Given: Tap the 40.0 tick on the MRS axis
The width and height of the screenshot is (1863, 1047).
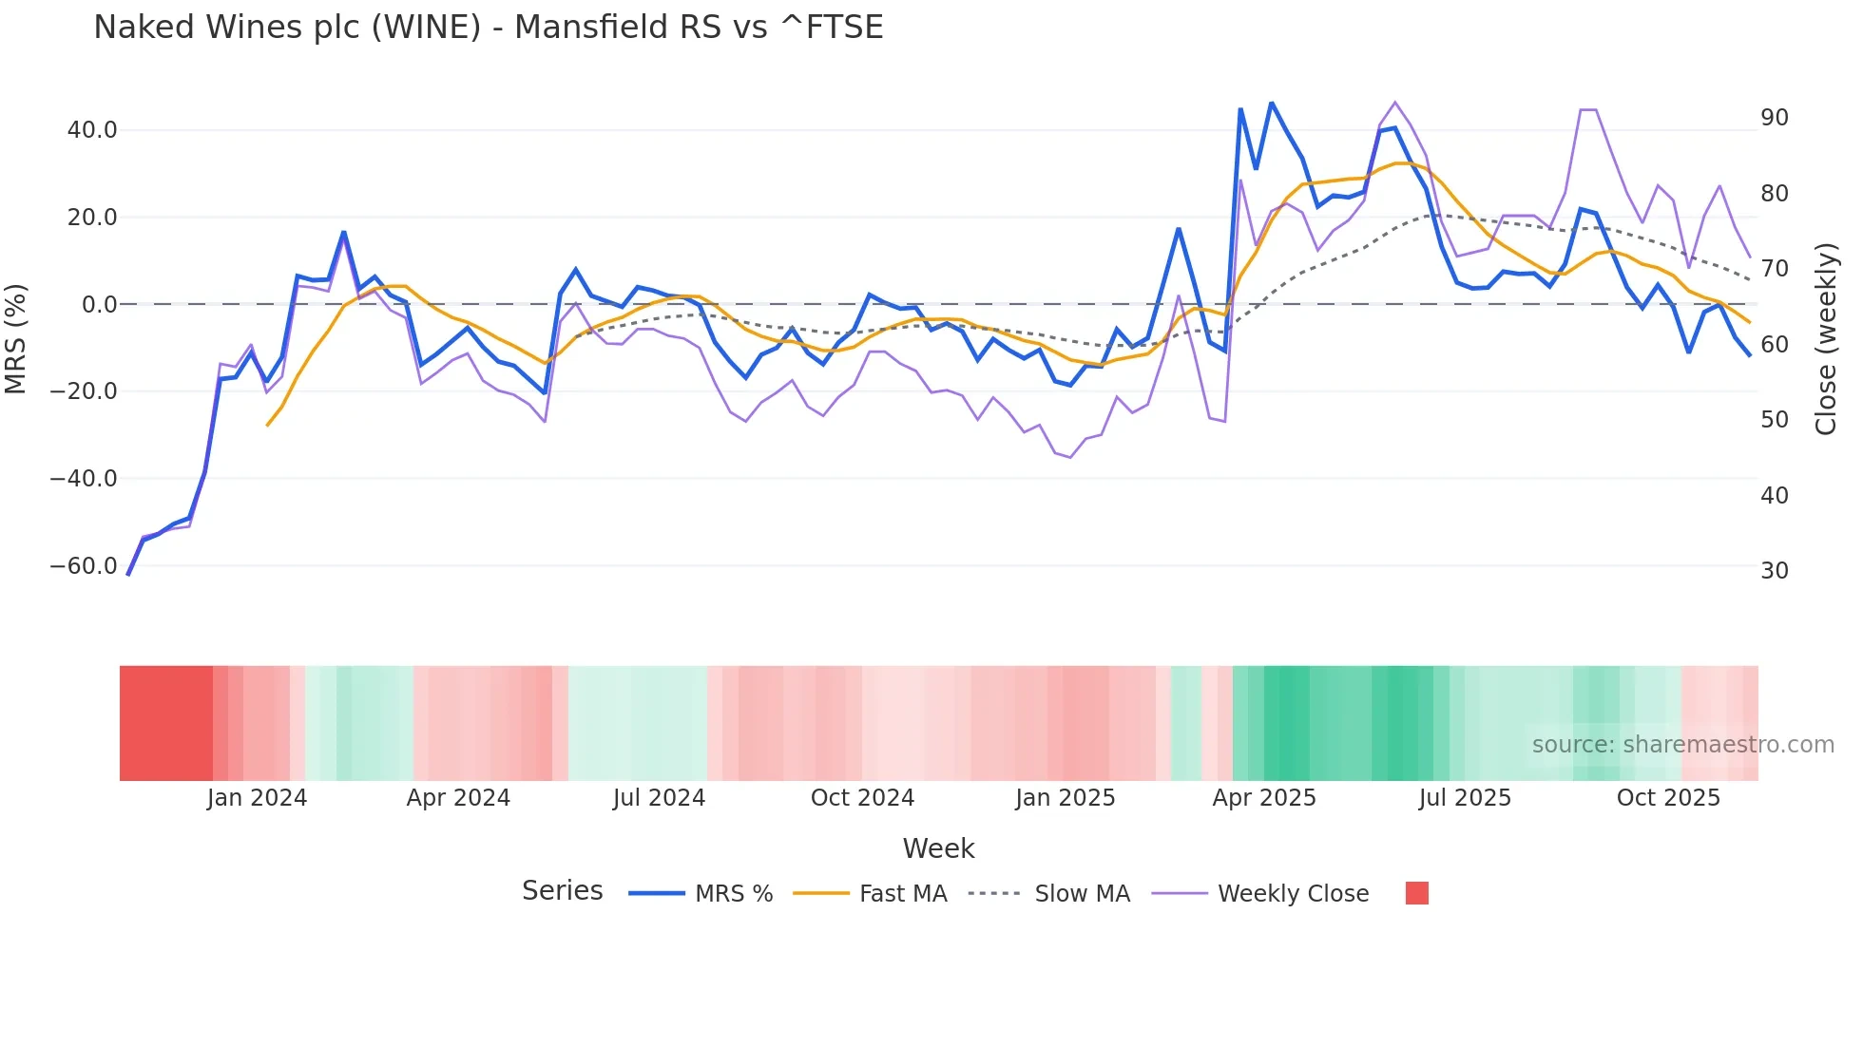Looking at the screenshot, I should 92,130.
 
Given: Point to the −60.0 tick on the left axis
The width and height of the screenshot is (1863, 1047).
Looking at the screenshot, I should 84,566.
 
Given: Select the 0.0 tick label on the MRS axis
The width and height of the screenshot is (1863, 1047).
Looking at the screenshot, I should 100,305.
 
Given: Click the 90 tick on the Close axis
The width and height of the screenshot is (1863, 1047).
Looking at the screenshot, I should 1775,118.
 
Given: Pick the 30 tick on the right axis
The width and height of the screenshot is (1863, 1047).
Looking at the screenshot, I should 1775,571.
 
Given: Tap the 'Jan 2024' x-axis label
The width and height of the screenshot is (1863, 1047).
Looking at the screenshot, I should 257,798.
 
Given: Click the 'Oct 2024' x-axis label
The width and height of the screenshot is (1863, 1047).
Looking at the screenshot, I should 862,798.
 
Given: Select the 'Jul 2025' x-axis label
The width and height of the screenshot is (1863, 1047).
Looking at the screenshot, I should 1465,798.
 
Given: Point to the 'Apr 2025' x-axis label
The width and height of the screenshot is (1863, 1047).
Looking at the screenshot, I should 1264,798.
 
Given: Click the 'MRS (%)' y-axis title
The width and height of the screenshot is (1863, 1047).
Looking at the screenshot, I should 16,338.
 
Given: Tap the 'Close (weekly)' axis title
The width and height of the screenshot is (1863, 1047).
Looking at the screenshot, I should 1826,339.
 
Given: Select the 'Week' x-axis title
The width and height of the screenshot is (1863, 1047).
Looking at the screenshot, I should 938,848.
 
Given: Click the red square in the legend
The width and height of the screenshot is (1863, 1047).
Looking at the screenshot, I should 1416,893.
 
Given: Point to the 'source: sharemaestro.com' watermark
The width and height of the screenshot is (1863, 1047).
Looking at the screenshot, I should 1682,745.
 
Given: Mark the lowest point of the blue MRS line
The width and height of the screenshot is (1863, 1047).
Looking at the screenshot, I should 128,574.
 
